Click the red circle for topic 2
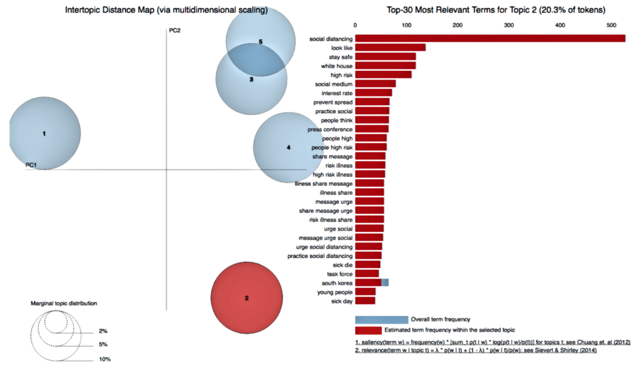[247, 298]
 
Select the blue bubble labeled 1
[45, 134]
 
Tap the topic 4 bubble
[287, 147]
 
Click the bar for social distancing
[490, 39]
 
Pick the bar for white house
[385, 65]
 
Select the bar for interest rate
[373, 93]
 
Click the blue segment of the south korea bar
[385, 282]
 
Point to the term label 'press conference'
[330, 129]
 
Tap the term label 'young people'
[335, 292]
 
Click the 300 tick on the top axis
[509, 25]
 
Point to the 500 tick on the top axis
[611, 25]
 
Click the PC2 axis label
[175, 30]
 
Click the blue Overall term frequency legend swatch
[381, 320]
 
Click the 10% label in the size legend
[104, 359]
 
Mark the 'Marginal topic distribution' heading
[64, 303]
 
